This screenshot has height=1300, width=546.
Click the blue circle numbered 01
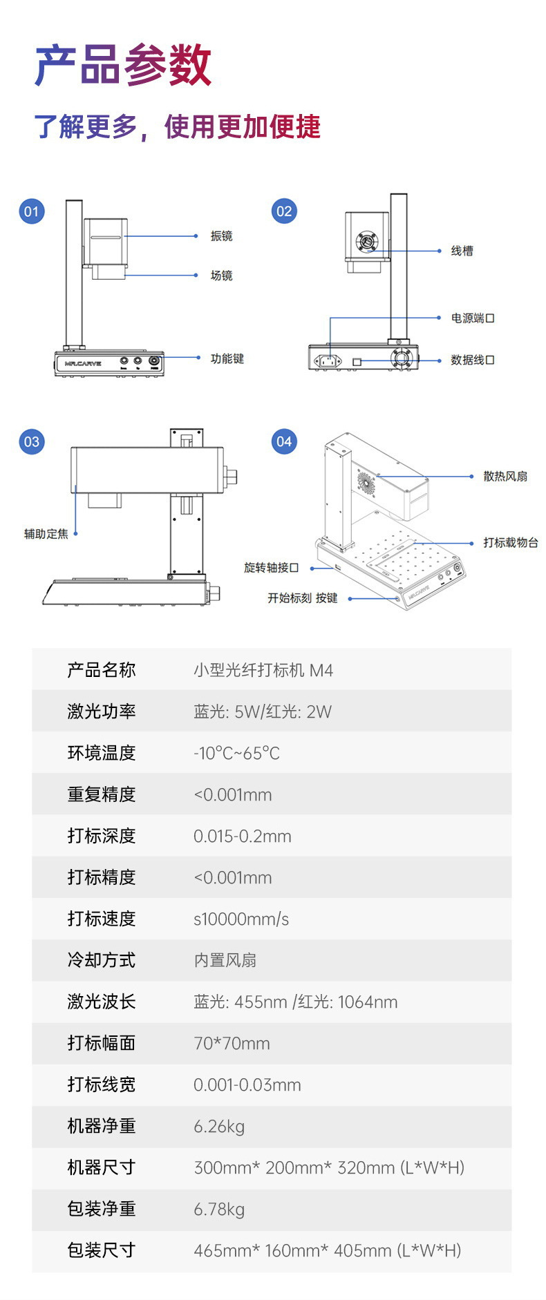tap(32, 211)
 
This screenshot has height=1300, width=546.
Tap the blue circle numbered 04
tap(284, 441)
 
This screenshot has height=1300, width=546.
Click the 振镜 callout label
tap(221, 236)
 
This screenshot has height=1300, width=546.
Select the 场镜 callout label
tap(221, 276)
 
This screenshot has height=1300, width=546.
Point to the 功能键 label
tap(227, 359)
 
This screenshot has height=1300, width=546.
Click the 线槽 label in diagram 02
tap(462, 251)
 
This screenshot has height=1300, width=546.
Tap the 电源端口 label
tap(472, 318)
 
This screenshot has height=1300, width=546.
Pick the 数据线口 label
tap(472, 360)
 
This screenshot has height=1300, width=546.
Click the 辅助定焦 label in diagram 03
tap(46, 534)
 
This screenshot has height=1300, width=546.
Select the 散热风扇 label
tap(505, 477)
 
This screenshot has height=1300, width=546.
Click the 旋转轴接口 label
tap(271, 568)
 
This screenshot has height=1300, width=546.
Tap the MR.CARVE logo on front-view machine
tap(83, 363)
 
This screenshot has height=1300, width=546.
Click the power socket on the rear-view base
tap(328, 360)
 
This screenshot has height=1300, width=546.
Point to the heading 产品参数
tap(123, 66)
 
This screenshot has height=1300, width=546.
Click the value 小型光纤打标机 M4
tap(263, 670)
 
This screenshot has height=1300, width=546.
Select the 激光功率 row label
tap(101, 711)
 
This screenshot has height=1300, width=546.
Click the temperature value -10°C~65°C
tap(236, 753)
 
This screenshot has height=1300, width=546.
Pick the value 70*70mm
tap(232, 1043)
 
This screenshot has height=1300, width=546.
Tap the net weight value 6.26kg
tap(219, 1127)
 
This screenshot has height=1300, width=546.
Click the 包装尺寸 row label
tap(101, 1250)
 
